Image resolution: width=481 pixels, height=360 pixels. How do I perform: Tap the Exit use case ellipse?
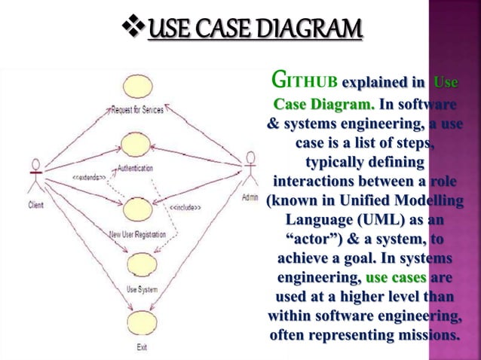(141, 325)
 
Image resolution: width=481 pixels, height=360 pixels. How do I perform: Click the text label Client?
(35, 204)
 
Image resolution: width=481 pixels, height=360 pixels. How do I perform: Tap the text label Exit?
(141, 347)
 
